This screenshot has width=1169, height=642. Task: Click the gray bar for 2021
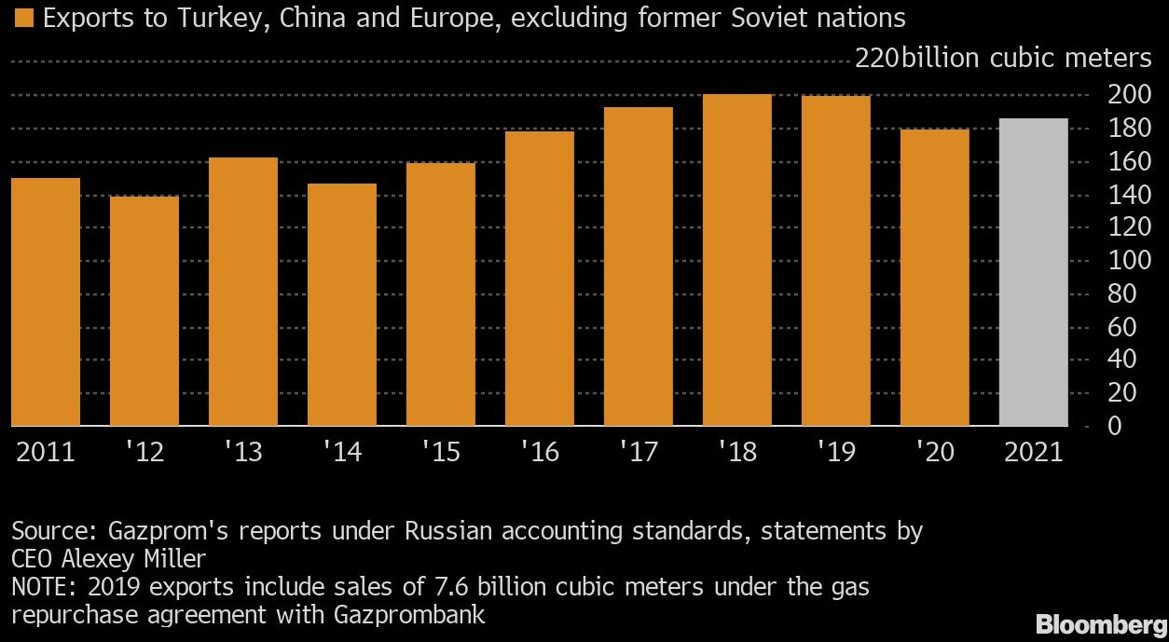pos(1033,272)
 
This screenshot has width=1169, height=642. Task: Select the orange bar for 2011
pos(45,302)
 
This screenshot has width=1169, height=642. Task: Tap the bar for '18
pos(736,260)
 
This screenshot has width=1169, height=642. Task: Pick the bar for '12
pos(144,311)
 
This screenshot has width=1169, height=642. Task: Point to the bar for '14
pos(341,305)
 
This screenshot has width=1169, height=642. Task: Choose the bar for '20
pos(934,278)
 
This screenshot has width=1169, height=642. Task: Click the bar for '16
pos(539,279)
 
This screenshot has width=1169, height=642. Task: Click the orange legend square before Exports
pos(22,18)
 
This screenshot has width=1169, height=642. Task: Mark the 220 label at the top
pos(876,59)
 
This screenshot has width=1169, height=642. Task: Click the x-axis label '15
pos(440,452)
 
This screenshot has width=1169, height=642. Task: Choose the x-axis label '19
pos(835,452)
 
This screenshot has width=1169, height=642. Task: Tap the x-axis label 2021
pos(1033,452)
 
